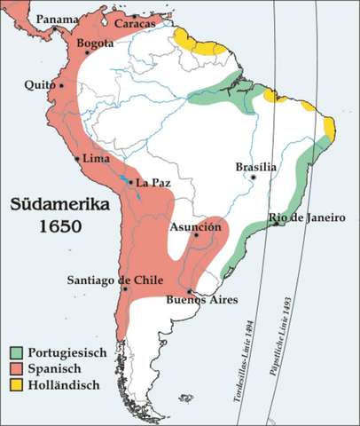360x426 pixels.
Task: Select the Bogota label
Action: [x=96, y=43]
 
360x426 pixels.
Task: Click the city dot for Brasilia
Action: [x=254, y=177]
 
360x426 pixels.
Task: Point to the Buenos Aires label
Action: [x=199, y=302]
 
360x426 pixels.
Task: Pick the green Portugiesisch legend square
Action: [x=17, y=352]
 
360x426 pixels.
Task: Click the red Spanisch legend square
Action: [x=17, y=368]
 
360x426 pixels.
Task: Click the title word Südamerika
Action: [x=60, y=205]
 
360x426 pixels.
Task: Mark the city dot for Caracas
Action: [x=134, y=16]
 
